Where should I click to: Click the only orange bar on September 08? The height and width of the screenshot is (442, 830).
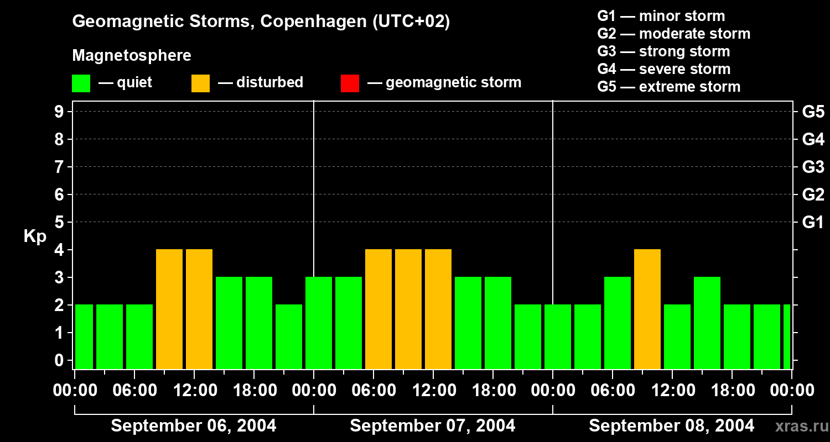(647, 309)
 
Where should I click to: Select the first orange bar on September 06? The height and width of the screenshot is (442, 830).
(169, 309)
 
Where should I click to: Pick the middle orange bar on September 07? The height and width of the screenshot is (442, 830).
(408, 309)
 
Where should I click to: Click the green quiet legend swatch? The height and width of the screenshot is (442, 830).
(81, 83)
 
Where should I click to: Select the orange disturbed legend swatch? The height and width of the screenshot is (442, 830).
(201, 83)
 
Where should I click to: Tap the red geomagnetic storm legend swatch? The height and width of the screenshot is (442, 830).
(350, 83)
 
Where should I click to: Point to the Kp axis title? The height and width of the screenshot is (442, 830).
(35, 236)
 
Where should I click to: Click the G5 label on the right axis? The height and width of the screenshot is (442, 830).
(813, 112)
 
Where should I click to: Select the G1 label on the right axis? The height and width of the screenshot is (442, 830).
(813, 222)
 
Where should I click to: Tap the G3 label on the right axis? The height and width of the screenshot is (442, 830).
(813, 167)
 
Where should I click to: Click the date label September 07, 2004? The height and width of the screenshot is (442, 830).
(433, 425)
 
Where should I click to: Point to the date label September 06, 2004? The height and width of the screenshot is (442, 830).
(194, 425)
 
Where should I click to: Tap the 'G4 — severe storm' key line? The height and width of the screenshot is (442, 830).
(664, 69)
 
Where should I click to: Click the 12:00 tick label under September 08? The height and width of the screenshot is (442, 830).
(672, 391)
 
